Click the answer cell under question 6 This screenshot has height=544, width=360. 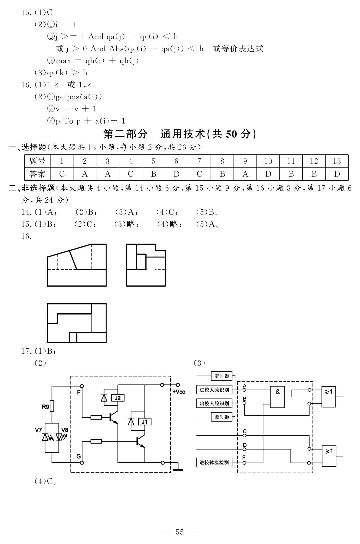tap(176, 174)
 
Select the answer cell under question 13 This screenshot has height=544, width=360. tap(337, 174)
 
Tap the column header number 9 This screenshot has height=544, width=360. tap(245, 161)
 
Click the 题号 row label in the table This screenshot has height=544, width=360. tap(37, 161)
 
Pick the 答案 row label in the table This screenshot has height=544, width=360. tap(37, 174)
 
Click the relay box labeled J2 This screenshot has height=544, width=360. tap(118, 398)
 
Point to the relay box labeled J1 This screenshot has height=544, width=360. tap(145, 422)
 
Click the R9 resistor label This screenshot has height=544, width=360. tap(45, 407)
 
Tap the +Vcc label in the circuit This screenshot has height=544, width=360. tap(179, 392)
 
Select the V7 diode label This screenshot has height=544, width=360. tap(38, 430)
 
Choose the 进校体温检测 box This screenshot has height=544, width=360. tap(214, 463)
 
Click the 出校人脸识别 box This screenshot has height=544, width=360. tap(214, 403)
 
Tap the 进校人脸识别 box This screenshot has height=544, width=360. tap(214, 390)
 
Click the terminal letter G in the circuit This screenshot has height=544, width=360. tap(79, 457)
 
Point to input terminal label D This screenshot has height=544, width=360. tap(245, 445)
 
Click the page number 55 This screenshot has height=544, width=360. tap(180, 532)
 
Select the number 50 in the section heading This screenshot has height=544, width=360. tap(231, 134)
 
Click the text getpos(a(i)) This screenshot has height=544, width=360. tap(79, 97)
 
